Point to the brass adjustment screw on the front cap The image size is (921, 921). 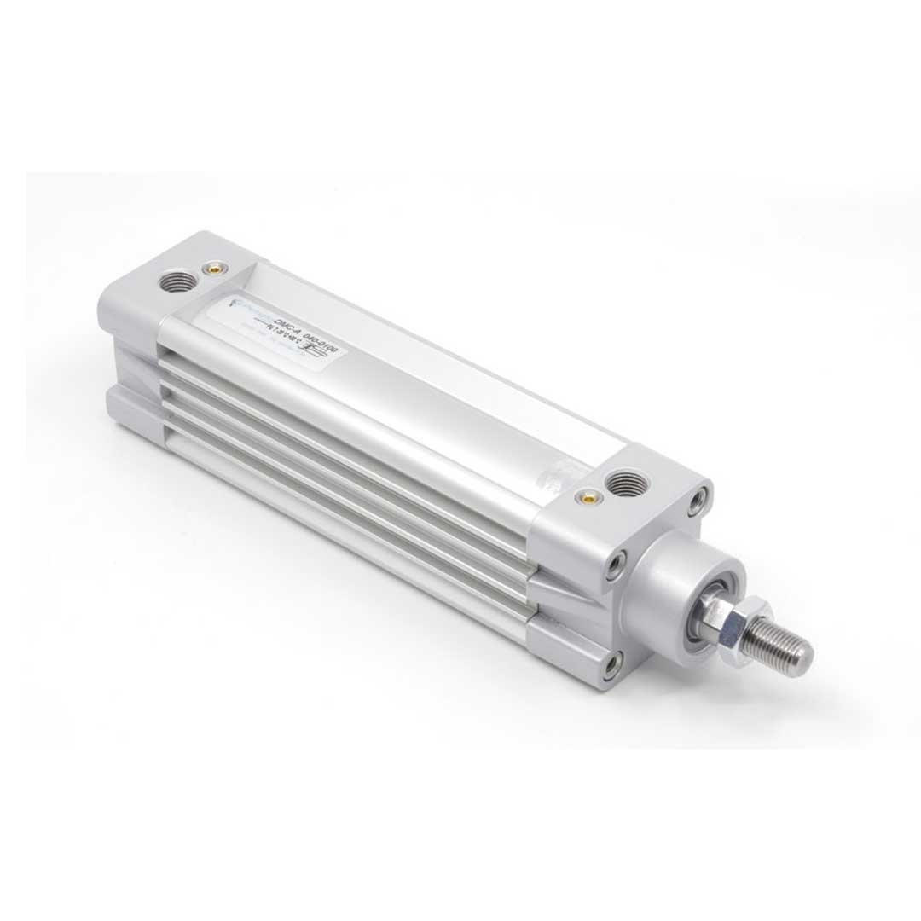pyautogui.click(x=586, y=495)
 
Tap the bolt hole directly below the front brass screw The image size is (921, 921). pyautogui.click(x=614, y=565)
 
